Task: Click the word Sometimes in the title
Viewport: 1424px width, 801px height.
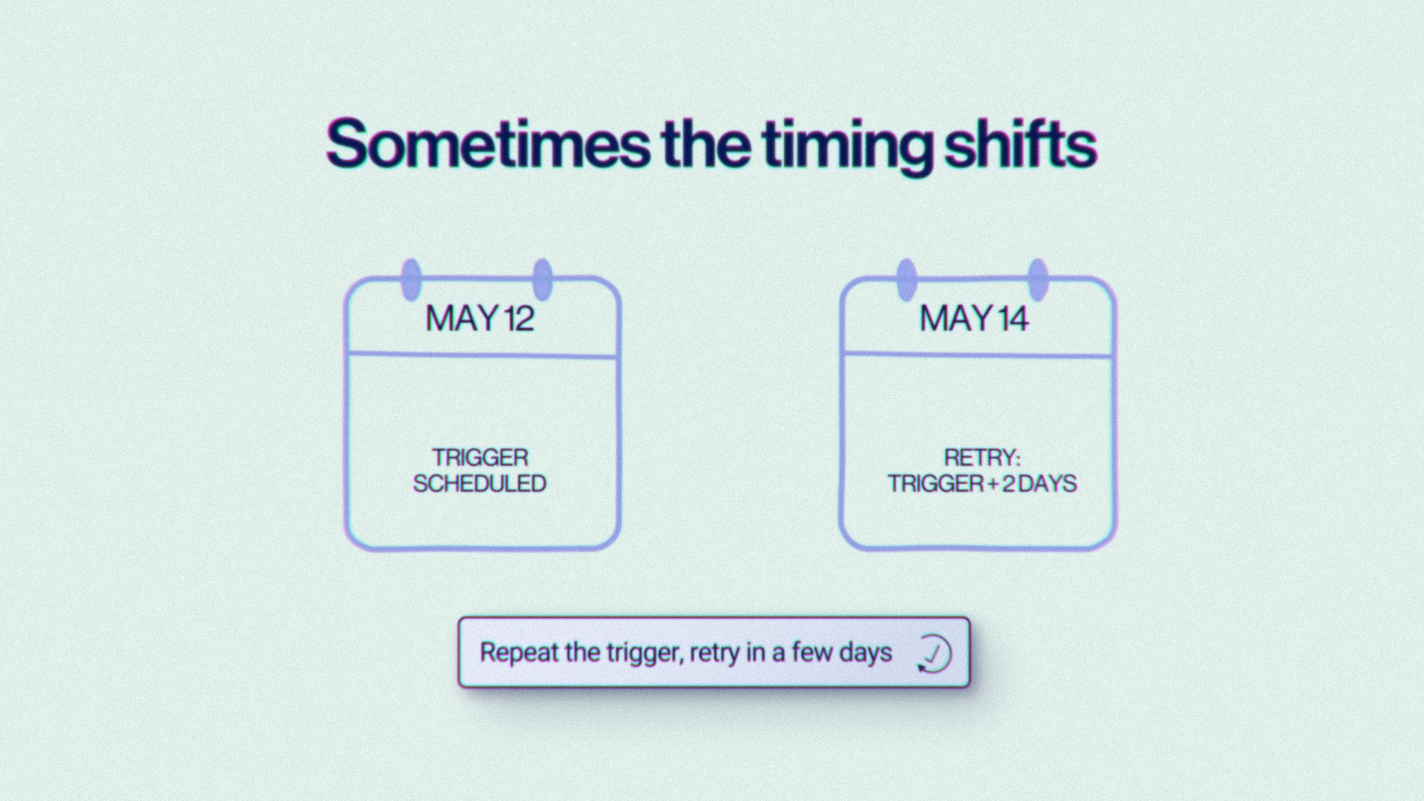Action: click(488, 144)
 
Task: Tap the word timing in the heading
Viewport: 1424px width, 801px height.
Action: click(847, 147)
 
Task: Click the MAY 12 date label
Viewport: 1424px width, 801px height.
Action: click(479, 318)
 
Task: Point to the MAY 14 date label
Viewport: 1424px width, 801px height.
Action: click(974, 318)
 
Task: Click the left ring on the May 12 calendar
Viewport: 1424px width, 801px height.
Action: click(411, 280)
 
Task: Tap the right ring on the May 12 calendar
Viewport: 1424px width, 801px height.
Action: click(543, 280)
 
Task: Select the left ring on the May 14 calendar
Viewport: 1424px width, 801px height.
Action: click(906, 280)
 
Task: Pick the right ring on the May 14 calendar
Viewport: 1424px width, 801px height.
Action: click(1038, 280)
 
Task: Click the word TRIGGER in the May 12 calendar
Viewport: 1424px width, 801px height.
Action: click(480, 457)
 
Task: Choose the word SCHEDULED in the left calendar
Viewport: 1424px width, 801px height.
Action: click(479, 484)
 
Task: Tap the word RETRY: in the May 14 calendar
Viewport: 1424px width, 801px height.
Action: click(982, 457)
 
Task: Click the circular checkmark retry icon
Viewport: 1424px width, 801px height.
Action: click(934, 653)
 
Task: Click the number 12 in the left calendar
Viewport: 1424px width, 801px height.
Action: click(519, 318)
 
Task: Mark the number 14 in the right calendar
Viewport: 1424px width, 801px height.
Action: click(1013, 318)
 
